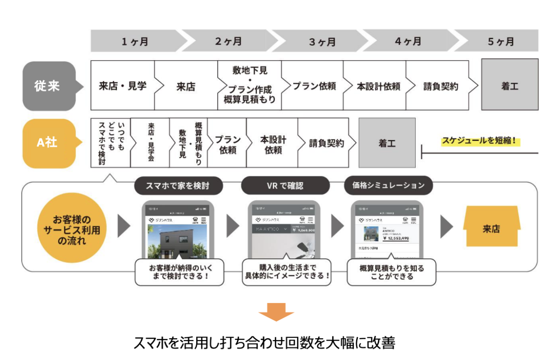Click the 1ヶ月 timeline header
135,42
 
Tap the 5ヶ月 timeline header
500,42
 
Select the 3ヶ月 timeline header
322,42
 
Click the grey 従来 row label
49,86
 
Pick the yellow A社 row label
49,143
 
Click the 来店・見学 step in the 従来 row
123,86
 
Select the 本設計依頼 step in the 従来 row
378,86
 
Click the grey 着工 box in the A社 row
387,143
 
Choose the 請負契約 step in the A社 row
327,143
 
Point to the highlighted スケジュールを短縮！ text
478,140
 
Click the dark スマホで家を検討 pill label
178,186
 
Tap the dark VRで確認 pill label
285,186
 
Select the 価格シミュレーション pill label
388,186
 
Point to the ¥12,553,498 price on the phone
395,238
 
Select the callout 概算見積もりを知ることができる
391,272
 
